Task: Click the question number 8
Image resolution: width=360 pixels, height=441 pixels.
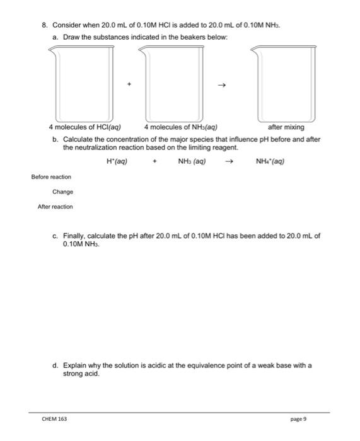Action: point(44,25)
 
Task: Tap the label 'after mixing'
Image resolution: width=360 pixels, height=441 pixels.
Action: point(286,127)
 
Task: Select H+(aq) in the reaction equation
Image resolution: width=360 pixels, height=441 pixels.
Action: point(118,161)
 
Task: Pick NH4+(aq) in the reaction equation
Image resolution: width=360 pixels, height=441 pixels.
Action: point(270,161)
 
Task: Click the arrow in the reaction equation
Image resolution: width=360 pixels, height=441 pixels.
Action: point(231,161)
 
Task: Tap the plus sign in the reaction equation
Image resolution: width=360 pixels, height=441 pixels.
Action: point(154,161)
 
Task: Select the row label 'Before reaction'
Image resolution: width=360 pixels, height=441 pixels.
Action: point(52,177)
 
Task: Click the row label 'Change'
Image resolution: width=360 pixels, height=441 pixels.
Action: point(63,192)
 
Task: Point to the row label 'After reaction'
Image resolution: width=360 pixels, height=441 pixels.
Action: point(55,207)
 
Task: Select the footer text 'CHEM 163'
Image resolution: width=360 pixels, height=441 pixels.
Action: point(54,419)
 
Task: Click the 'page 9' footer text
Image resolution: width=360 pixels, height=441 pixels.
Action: point(298,419)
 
